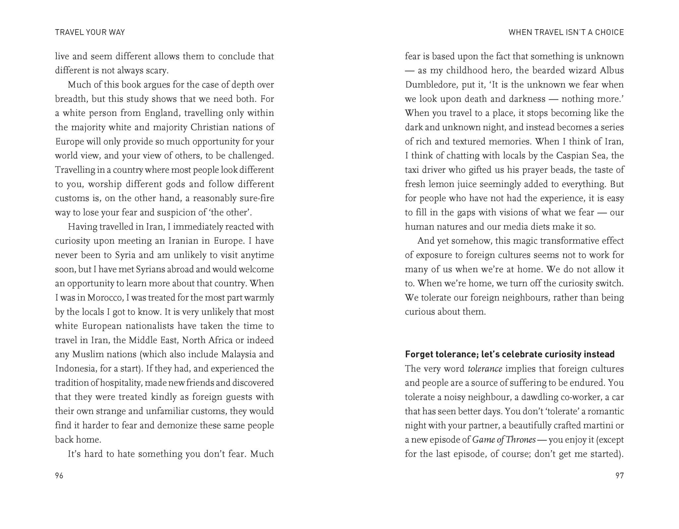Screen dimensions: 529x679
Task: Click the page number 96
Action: click(59, 476)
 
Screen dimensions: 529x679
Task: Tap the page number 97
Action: click(619, 476)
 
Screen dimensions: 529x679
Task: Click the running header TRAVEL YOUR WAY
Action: click(90, 32)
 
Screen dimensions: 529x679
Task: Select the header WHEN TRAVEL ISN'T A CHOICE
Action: click(566, 32)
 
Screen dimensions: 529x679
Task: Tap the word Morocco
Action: click(105, 298)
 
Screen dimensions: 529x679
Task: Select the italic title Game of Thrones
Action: click(504, 440)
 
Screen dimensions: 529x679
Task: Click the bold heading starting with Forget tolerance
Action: click(510, 354)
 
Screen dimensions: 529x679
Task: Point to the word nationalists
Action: click(150, 326)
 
